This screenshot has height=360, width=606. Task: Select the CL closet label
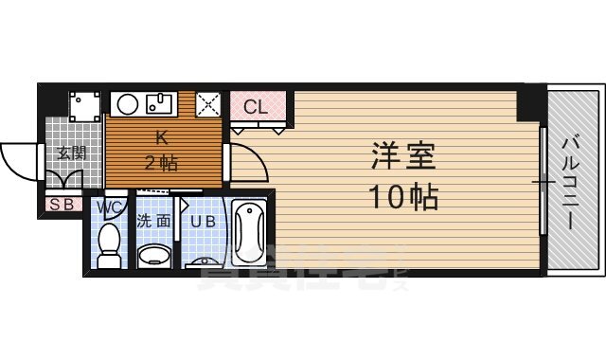tap(256, 106)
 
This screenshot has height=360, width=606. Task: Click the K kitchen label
tap(161, 136)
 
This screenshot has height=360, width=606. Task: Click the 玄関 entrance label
tap(69, 153)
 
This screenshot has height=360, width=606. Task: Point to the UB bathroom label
tap(202, 223)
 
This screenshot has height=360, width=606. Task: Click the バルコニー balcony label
tap(571, 180)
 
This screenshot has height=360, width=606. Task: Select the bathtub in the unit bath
tap(250, 232)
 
